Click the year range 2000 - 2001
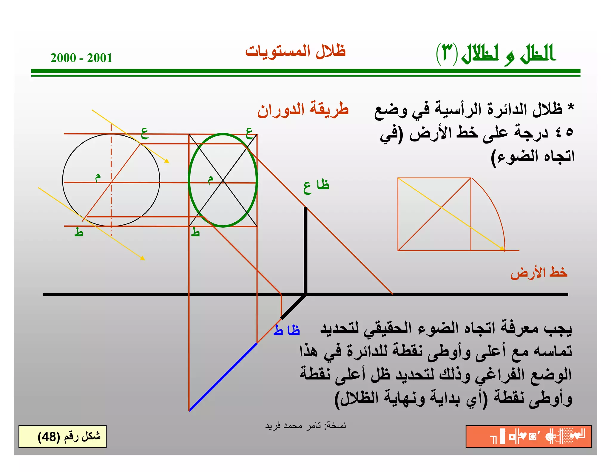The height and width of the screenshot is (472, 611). pos(81,58)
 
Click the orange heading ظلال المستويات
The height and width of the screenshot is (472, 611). pos(295,51)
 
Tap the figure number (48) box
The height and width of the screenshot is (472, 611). pos(62,436)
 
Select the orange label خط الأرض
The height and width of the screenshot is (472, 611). pos(539,273)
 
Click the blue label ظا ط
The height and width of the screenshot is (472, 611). pos(287,330)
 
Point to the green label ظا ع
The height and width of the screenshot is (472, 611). pos(316,186)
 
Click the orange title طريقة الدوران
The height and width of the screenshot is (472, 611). pos(303,109)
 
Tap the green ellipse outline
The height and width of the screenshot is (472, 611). pos(189,180)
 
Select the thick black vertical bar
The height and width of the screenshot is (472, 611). pos(305,251)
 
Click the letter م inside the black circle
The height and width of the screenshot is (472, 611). pos(98,177)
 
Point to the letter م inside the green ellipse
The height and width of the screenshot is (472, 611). pos(211,179)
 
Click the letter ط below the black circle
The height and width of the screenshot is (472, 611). pos(78,232)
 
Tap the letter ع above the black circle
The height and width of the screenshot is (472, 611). pos(145,133)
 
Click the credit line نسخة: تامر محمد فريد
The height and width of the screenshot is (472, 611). pos(305,425)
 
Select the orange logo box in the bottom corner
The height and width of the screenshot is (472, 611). pos(528,436)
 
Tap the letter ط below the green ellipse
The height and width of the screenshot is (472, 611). pos(195,232)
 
